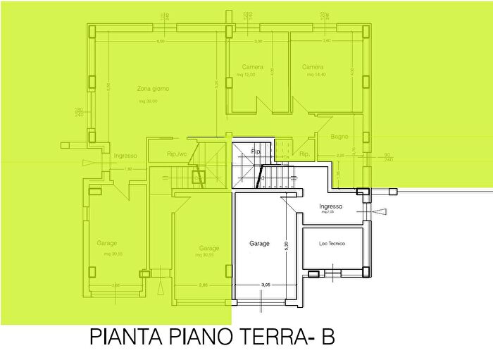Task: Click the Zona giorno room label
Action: (153, 89)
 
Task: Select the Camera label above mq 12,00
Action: (252, 68)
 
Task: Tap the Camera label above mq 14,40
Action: (313, 68)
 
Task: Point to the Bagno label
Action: (339, 136)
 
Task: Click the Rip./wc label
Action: (176, 154)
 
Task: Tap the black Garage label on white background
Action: (259, 244)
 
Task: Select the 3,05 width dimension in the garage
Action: (266, 285)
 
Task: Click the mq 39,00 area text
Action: (148, 101)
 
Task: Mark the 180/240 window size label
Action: (79, 111)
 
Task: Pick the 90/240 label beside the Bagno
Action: (387, 157)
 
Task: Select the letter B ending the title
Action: (327, 338)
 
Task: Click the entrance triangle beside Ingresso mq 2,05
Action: (380, 211)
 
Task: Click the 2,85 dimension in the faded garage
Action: (203, 285)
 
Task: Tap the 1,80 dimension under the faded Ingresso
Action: (127, 169)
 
